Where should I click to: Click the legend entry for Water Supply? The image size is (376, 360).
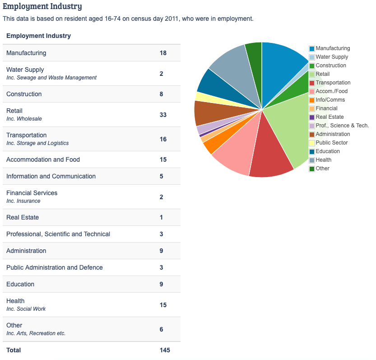point(332,57)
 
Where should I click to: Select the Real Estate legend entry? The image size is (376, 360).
point(330,117)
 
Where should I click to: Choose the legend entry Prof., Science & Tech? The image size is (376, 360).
point(342,126)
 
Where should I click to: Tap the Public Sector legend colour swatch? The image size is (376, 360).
point(312,143)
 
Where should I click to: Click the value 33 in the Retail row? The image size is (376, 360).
point(163,115)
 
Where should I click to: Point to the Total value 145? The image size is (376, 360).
point(165,350)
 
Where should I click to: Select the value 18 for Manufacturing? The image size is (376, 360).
point(163,53)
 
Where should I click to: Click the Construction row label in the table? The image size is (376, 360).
point(24,94)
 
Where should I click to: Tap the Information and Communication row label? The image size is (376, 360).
point(51,176)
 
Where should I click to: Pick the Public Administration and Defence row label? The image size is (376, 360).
point(55,267)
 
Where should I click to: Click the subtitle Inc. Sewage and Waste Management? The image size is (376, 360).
point(51,78)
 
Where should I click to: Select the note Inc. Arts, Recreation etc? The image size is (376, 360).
point(36,333)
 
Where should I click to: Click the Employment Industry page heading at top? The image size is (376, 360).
point(42,6)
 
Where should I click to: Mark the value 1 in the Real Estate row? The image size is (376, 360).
point(161,217)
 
